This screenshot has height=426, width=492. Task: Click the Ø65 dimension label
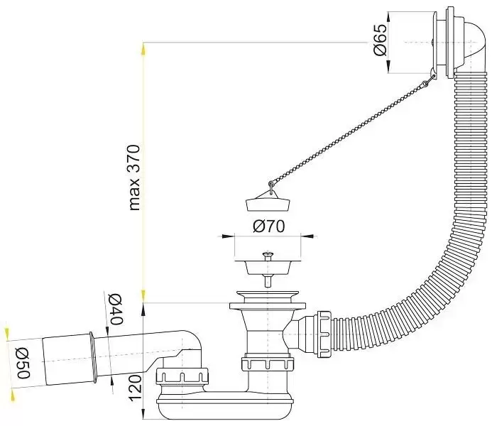(x=380, y=40)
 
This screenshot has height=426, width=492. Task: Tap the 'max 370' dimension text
(x=134, y=177)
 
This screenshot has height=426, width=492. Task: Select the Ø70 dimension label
(x=269, y=226)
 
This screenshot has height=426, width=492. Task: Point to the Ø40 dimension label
(x=115, y=310)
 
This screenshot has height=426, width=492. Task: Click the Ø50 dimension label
(x=23, y=363)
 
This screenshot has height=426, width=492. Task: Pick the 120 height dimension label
(x=136, y=388)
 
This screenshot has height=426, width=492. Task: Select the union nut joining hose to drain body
(x=324, y=334)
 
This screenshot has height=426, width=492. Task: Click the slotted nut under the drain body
(x=268, y=364)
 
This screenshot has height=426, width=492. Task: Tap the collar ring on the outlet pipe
(x=92, y=358)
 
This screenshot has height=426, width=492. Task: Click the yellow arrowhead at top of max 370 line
(x=143, y=48)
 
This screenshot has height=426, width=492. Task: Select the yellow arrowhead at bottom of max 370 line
(x=143, y=295)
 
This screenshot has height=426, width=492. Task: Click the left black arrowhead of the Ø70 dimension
(x=228, y=236)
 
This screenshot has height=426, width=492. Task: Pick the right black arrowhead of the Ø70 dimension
(x=307, y=236)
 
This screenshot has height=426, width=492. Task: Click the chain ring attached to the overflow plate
(x=425, y=84)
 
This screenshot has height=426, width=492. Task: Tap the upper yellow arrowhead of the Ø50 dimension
(x=7, y=333)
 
